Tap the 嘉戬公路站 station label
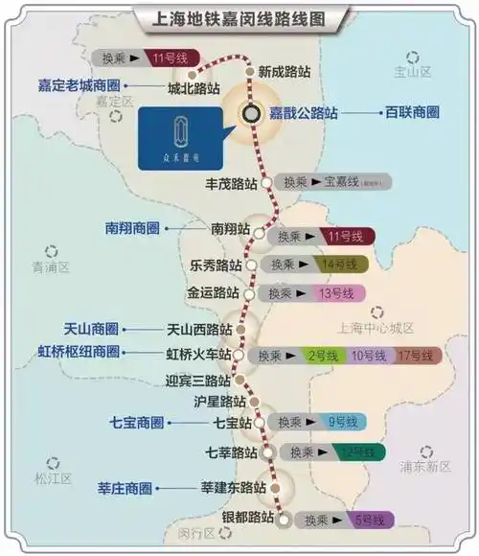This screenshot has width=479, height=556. click(x=303, y=112)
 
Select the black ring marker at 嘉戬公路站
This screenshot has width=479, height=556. click(x=251, y=112)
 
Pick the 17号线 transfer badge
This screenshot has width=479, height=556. click(x=415, y=356)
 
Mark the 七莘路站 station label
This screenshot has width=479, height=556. click(x=232, y=452)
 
